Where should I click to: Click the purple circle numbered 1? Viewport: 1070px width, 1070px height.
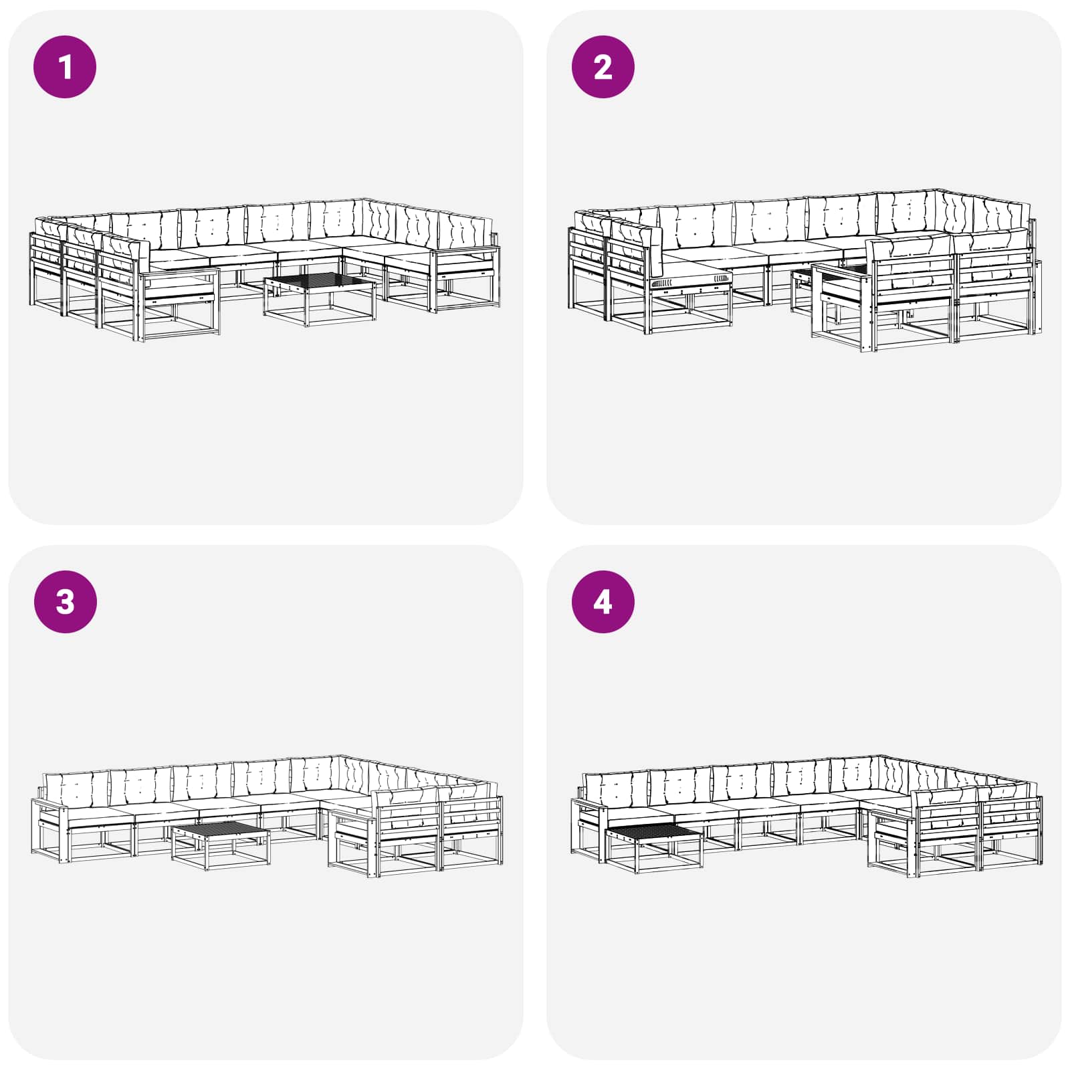[65, 67]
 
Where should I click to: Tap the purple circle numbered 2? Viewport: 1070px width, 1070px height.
[603, 67]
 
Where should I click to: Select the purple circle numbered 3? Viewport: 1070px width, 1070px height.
[65, 601]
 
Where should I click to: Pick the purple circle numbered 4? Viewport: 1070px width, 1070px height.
[603, 601]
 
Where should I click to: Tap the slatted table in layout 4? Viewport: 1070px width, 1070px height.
[653, 849]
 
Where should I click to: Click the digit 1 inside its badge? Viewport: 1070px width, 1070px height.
[65, 67]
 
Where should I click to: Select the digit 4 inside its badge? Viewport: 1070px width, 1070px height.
[603, 601]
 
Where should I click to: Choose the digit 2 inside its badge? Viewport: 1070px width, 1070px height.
[603, 67]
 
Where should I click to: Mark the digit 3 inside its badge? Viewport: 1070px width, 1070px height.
[65, 601]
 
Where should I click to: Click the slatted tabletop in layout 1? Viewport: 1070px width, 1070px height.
[320, 282]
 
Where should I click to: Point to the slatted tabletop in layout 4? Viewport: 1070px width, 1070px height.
[653, 834]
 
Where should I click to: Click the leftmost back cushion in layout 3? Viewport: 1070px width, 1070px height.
[76, 788]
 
